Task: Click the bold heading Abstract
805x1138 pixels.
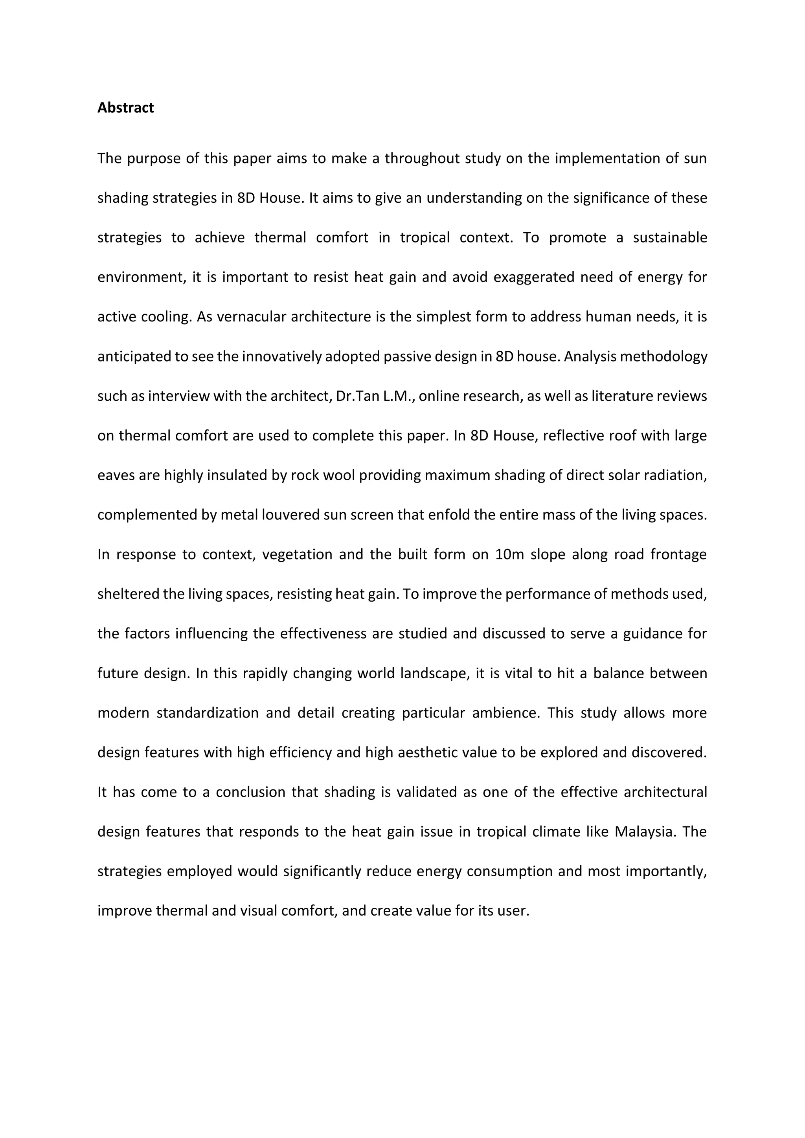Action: pos(125,108)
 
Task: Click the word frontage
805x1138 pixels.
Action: pos(678,554)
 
